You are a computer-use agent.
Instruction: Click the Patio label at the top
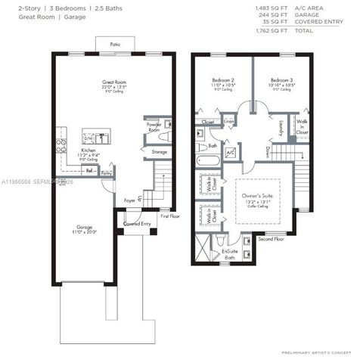coord(115,45)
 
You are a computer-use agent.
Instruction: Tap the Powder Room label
coord(154,126)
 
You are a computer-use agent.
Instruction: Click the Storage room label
coord(159,152)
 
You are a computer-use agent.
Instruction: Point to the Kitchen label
coord(89,150)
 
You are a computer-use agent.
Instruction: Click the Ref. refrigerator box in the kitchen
coord(89,171)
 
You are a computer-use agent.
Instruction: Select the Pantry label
coord(107,173)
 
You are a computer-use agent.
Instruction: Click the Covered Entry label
coord(136,224)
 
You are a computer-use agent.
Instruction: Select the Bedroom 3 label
coord(281,79)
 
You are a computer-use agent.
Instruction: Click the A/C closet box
coord(230,152)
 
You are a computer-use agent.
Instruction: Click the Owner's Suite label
coord(256,197)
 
